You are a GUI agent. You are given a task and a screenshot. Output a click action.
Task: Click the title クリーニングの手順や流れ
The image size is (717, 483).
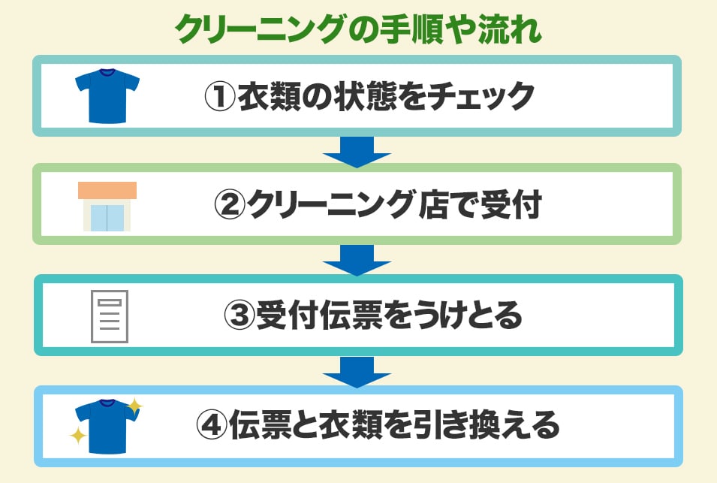(x=358, y=30)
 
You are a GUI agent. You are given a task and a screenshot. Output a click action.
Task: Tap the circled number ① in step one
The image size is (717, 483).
(x=220, y=97)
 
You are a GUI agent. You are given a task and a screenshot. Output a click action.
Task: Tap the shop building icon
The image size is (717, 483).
(x=107, y=206)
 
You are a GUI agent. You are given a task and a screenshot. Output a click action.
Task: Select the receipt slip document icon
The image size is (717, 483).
(x=109, y=316)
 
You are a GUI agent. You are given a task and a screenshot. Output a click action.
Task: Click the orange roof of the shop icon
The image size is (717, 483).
(x=107, y=191)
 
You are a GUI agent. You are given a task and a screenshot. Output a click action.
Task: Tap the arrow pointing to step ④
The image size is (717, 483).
(x=357, y=371)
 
